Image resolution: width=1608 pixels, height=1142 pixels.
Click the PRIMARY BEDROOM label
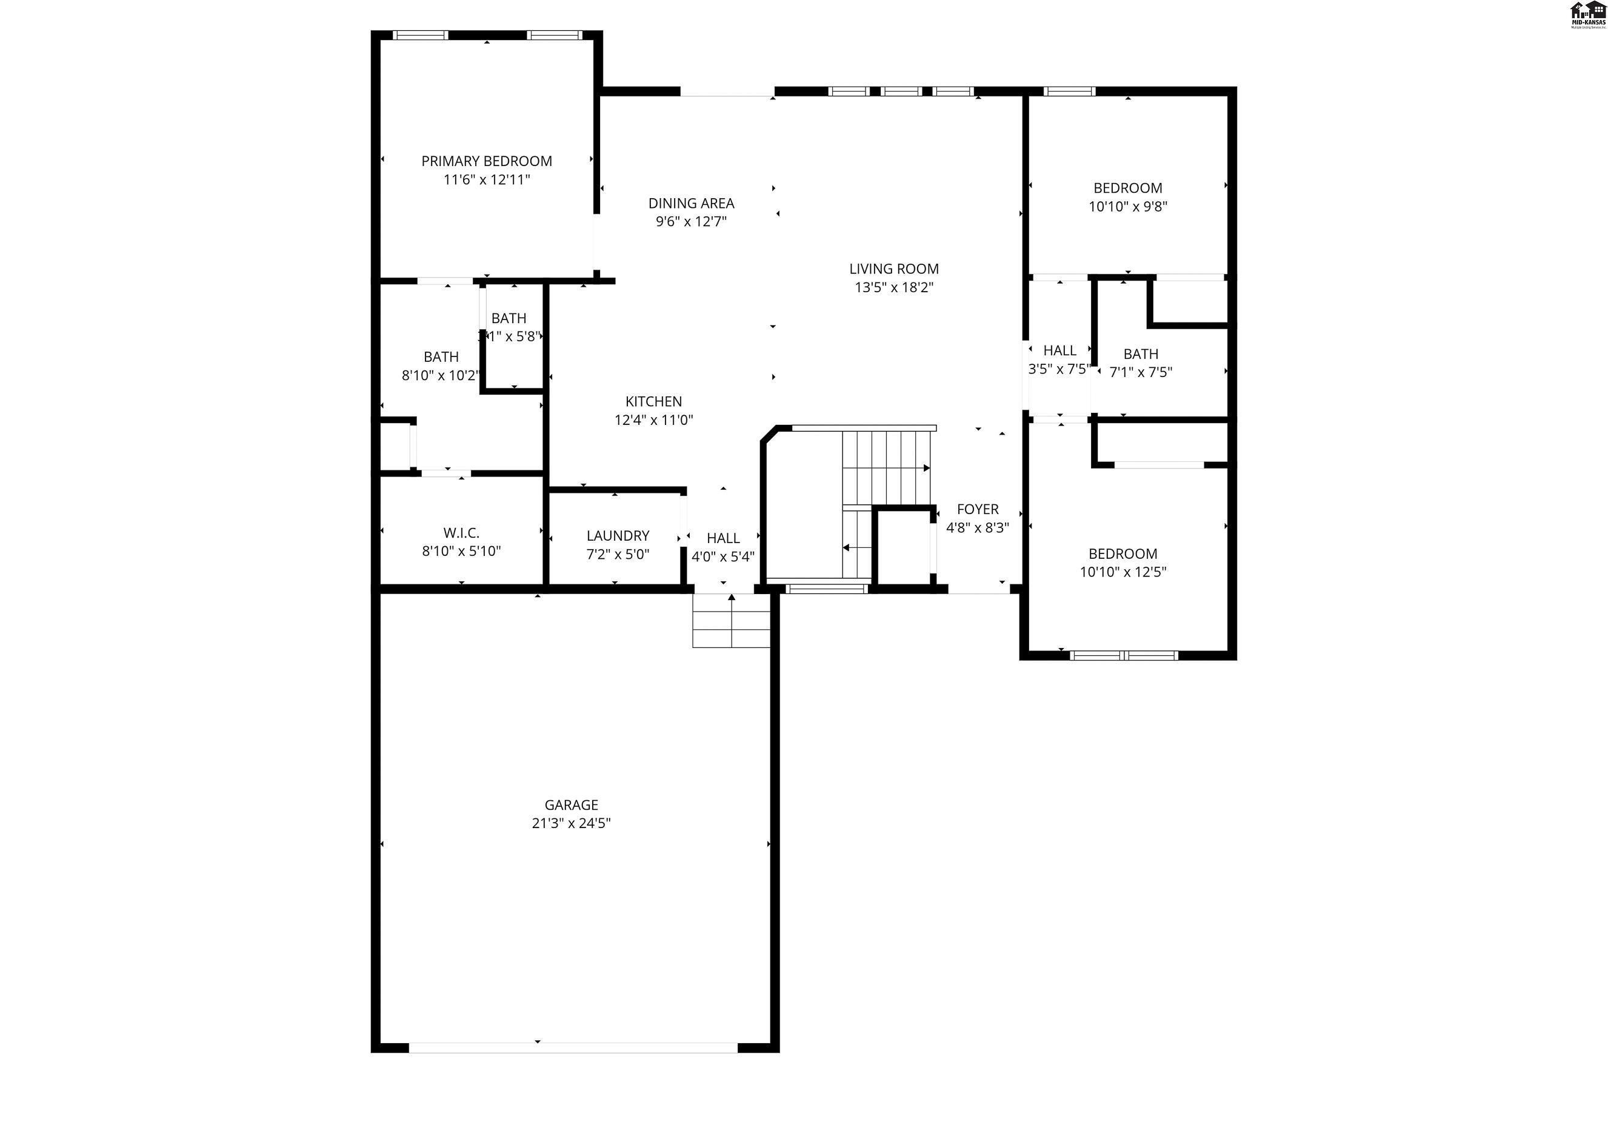pos(487,161)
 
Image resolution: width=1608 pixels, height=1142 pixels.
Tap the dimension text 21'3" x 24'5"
pos(571,823)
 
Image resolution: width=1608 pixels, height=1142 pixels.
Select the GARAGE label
pos(571,804)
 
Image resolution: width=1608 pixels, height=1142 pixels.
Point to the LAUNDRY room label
pos(618,536)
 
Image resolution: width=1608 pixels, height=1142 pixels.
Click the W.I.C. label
pos(461,533)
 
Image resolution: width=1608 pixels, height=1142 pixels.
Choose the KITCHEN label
pos(653,401)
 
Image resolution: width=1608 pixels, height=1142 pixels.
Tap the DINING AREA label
pos(691,203)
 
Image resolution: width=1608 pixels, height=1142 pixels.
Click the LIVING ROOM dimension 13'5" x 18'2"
pos(893,287)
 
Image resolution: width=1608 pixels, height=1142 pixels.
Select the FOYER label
pos(977,509)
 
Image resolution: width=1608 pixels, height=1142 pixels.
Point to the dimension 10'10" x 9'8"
pos(1128,207)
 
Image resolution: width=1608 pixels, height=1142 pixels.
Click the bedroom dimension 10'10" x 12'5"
pos(1123,572)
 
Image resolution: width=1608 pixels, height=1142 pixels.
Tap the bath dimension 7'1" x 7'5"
pos(1141,372)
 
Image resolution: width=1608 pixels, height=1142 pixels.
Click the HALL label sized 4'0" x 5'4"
pos(723,538)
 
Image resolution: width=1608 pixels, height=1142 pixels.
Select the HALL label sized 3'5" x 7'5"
pos(1059,350)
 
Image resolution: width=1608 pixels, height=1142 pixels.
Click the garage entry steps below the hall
pos(731,620)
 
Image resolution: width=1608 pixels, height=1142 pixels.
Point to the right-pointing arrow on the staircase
pos(926,467)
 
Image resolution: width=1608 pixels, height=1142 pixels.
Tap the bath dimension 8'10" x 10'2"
pos(440,375)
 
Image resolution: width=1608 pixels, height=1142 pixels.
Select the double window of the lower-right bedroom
pos(1123,655)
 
